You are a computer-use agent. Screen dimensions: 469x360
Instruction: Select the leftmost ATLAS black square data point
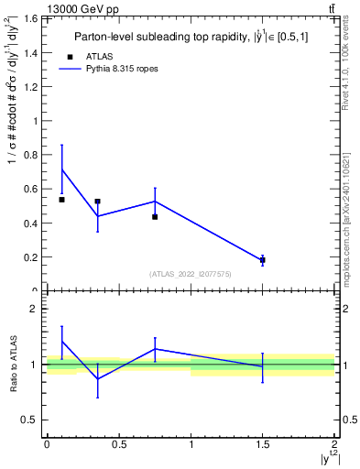click(61, 200)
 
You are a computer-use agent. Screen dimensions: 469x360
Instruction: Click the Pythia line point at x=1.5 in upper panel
click(263, 260)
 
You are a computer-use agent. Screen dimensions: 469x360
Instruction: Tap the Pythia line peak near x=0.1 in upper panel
click(61, 169)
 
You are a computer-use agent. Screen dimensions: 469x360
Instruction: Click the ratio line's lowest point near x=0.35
click(97, 378)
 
